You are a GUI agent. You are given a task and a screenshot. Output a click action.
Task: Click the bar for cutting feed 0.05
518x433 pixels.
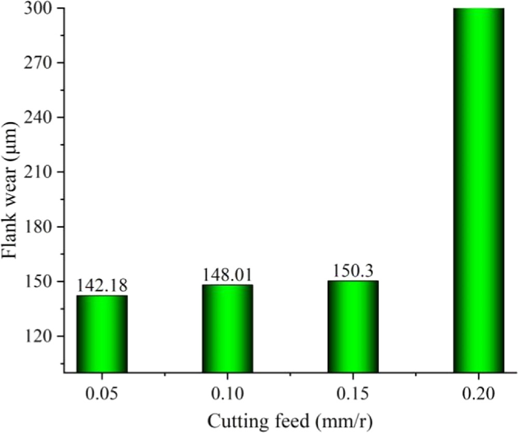tap(102, 333)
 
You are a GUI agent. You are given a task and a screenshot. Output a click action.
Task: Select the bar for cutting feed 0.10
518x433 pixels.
tap(228, 328)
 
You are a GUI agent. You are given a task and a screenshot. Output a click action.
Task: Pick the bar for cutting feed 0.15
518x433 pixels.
tap(353, 326)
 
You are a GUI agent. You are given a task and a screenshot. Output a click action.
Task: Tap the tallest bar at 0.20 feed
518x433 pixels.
tap(479, 190)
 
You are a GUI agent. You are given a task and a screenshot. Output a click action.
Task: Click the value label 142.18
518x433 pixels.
tap(102, 285)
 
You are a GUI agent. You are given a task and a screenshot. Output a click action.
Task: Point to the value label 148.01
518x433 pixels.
tap(228, 274)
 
